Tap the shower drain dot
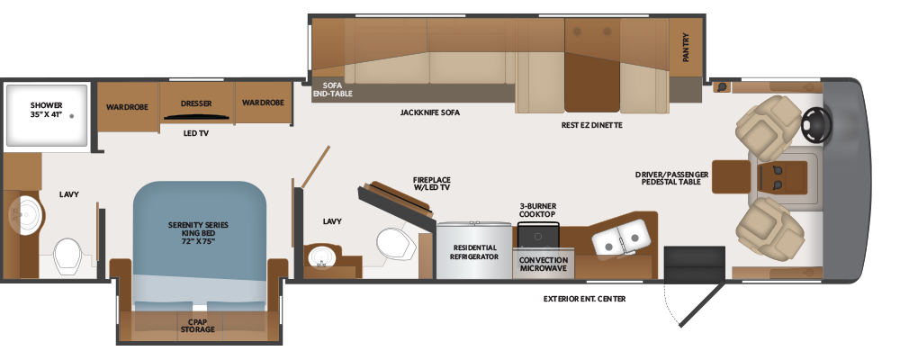(x=72, y=116)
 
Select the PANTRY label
(x=686, y=47)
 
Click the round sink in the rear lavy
(x=25, y=215)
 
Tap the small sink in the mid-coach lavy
(x=320, y=256)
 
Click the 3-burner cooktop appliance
(x=538, y=235)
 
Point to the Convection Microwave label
(x=543, y=264)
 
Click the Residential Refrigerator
(x=473, y=250)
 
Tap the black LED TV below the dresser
(x=197, y=118)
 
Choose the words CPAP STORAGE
(x=197, y=326)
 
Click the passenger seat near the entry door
(x=769, y=229)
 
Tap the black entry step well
(x=695, y=264)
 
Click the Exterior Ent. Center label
(x=584, y=299)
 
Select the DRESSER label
(x=196, y=103)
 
